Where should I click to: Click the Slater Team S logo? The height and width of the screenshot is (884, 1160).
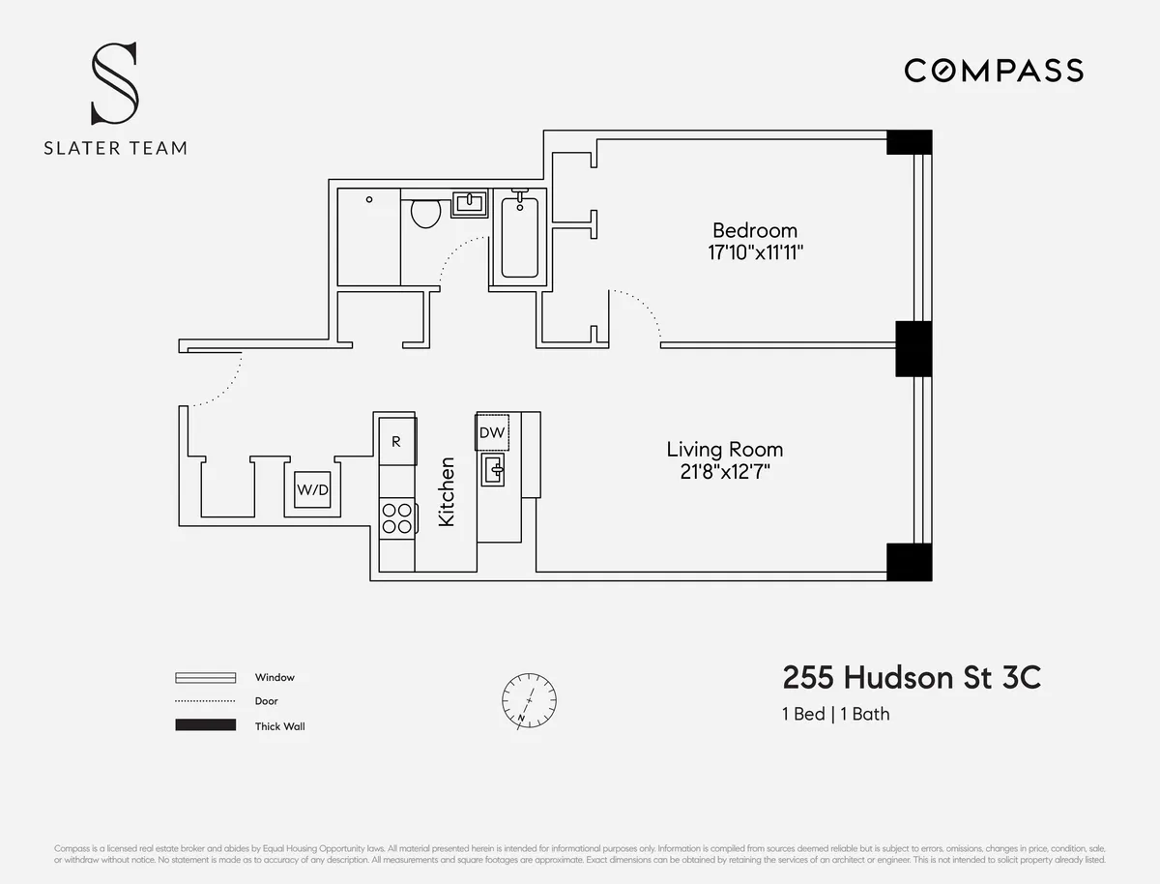[x=114, y=83]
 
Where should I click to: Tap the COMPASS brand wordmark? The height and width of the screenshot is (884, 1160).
[x=993, y=71]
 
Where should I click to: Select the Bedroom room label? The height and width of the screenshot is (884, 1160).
[x=754, y=230]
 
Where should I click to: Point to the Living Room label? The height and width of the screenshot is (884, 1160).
[x=724, y=450]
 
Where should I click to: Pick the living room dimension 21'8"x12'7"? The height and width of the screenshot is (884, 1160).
[x=724, y=472]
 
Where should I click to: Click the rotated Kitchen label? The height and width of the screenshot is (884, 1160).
[x=447, y=491]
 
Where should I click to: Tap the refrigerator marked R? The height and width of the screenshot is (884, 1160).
[x=396, y=441]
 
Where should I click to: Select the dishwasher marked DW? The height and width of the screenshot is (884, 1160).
[x=492, y=432]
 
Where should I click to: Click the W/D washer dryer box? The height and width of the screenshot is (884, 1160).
[x=312, y=490]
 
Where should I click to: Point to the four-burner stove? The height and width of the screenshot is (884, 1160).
[x=396, y=517]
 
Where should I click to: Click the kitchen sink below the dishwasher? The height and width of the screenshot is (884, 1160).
[x=493, y=471]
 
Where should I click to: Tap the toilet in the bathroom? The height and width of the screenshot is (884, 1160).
[x=424, y=212]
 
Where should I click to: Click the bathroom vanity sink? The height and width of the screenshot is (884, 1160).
[x=469, y=204]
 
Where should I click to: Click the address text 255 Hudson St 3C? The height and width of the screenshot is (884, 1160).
[x=912, y=678]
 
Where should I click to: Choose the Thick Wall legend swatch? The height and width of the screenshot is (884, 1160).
[x=205, y=725]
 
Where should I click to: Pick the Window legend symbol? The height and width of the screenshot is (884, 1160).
[x=205, y=677]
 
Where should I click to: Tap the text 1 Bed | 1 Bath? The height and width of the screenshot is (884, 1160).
[x=836, y=715]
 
